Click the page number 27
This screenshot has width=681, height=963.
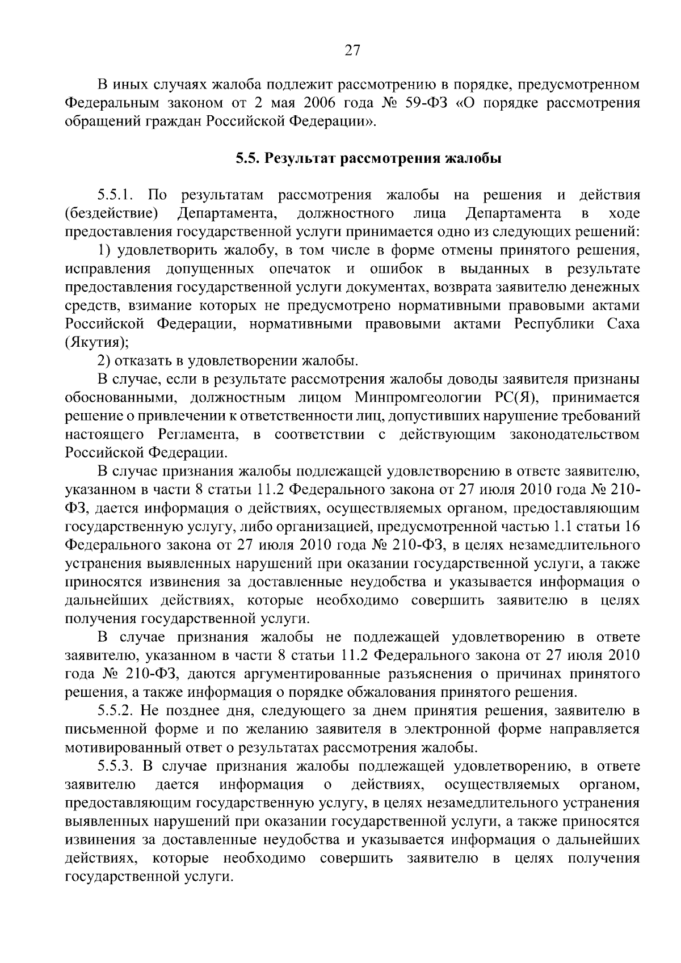(x=352, y=51)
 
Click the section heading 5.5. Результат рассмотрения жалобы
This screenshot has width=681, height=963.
(x=368, y=158)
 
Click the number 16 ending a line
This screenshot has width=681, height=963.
(x=632, y=527)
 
